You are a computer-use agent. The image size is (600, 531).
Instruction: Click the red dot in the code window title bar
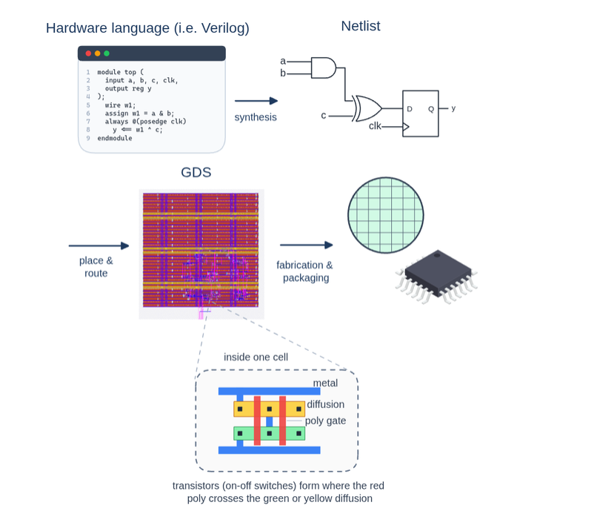[x=88, y=53]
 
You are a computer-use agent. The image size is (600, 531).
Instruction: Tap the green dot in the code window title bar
[x=107, y=53]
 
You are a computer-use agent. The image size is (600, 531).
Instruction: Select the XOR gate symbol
[x=367, y=108]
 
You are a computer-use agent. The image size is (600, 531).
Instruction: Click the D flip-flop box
[x=420, y=113]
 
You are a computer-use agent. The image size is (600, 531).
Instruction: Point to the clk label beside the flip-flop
[x=375, y=125]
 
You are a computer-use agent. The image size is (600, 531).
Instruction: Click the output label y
[x=453, y=108]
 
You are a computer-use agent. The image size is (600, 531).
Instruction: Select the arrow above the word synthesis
[x=256, y=101]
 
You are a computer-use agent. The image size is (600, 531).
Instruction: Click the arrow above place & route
[x=99, y=245]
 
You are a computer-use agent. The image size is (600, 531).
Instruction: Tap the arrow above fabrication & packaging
[x=307, y=245]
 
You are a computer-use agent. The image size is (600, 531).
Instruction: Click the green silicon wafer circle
[x=386, y=215]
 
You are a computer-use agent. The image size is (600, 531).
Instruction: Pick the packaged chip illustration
[x=436, y=277]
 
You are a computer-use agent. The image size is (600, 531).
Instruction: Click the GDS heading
[x=196, y=172]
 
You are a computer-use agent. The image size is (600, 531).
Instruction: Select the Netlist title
[x=361, y=26]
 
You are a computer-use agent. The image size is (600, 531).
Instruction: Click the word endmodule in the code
[x=115, y=138]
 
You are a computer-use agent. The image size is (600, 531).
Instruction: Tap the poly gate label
[x=325, y=420]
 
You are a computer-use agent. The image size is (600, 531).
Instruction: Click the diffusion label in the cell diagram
[x=326, y=404]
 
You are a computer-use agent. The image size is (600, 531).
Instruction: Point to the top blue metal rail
[x=270, y=391]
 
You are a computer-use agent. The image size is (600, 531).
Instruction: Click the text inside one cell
[x=256, y=357]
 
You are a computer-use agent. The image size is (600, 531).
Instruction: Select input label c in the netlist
[x=324, y=115]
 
